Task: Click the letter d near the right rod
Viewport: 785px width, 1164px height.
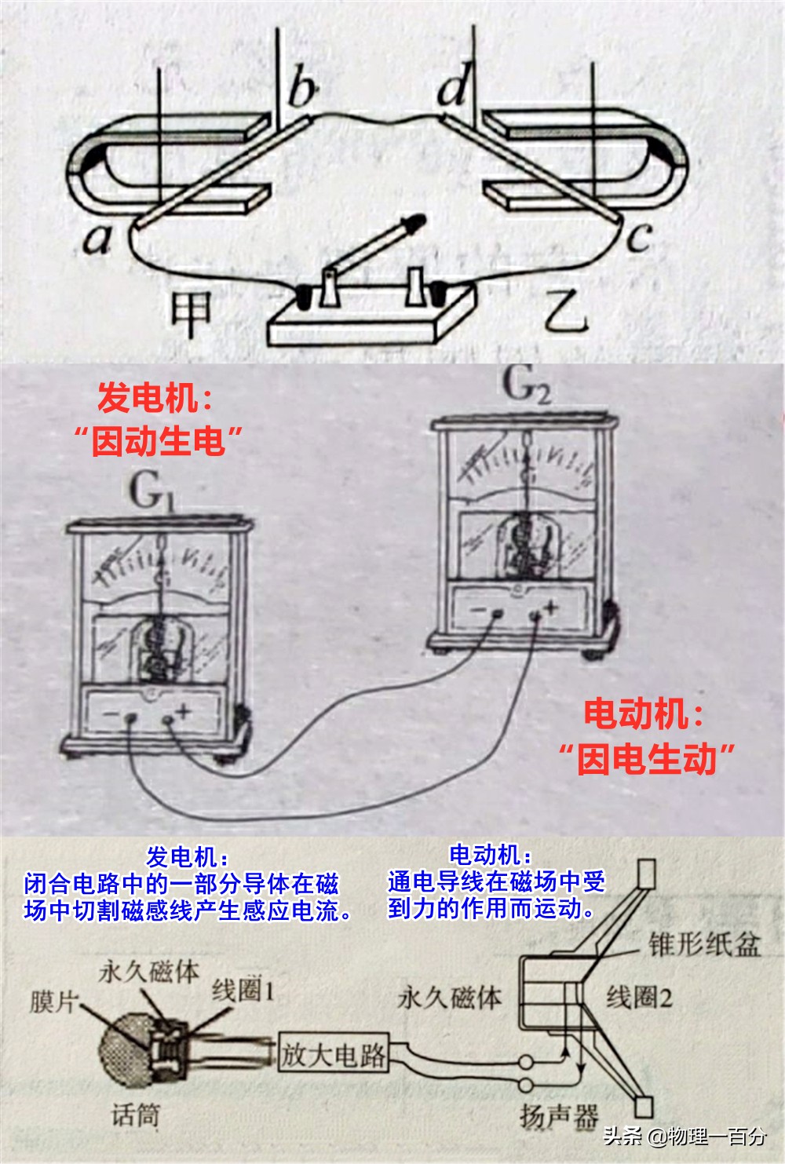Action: tap(454, 86)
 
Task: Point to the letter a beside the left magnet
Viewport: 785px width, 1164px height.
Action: tap(97, 239)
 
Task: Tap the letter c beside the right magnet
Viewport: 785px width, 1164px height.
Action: tap(640, 235)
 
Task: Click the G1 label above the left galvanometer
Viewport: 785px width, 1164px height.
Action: tap(151, 493)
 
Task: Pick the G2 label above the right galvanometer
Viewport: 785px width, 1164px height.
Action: tap(525, 385)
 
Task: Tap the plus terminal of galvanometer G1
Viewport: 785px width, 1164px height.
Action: tap(166, 718)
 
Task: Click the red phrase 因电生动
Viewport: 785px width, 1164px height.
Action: tap(647, 759)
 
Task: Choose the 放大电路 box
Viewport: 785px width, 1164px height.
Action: tap(334, 1054)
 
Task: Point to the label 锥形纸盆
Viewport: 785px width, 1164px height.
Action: tap(704, 943)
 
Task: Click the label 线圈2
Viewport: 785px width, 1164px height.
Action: tap(639, 998)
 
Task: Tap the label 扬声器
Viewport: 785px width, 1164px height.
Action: tap(558, 1115)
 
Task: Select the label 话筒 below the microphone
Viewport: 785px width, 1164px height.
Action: tap(136, 1114)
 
